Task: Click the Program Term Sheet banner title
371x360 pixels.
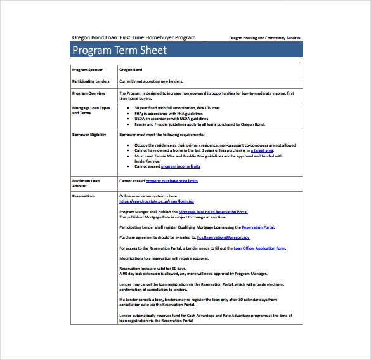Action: [x=119, y=50]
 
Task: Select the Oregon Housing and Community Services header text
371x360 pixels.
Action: [x=264, y=38]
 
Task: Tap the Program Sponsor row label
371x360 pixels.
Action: [x=88, y=69]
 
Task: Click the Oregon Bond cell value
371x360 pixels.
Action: [x=131, y=69]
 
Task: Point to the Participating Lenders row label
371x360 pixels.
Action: [x=91, y=81]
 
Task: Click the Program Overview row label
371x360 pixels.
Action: [x=89, y=93]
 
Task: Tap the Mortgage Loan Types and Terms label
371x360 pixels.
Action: [x=91, y=110]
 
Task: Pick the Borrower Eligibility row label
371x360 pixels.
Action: [x=89, y=135]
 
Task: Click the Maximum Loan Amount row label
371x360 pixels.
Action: [x=86, y=183]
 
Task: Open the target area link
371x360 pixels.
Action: [x=262, y=150]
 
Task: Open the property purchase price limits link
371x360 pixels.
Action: [x=171, y=181]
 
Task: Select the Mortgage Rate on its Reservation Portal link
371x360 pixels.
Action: [x=213, y=211]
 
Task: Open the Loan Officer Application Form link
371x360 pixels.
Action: [x=259, y=248]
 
